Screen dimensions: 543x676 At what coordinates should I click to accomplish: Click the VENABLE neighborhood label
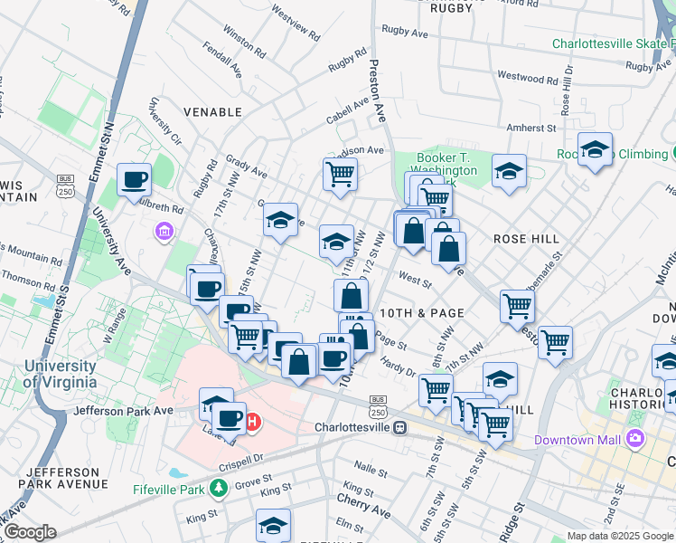coord(212,112)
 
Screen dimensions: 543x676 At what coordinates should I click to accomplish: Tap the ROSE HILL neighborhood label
coord(526,239)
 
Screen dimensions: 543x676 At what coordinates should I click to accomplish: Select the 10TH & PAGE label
coord(422,312)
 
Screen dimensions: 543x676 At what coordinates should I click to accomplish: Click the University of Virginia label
coord(60,374)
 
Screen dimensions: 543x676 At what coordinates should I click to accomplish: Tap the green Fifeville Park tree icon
coord(217,489)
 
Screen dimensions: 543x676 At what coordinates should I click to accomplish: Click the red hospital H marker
coord(254,421)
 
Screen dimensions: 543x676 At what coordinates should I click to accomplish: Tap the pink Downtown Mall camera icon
coord(634,439)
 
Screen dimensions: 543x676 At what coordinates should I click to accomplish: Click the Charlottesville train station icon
coord(399,427)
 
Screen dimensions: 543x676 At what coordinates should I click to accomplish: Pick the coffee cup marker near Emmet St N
coord(135,179)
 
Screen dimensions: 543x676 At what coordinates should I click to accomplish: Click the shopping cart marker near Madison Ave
coord(340,173)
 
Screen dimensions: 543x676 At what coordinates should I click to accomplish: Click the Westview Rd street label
coord(295,27)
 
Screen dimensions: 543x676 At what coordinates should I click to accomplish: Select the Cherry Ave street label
coord(363,511)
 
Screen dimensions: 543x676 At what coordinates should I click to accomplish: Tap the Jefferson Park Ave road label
coord(126,410)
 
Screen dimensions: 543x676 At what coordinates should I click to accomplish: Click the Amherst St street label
coord(530,128)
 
